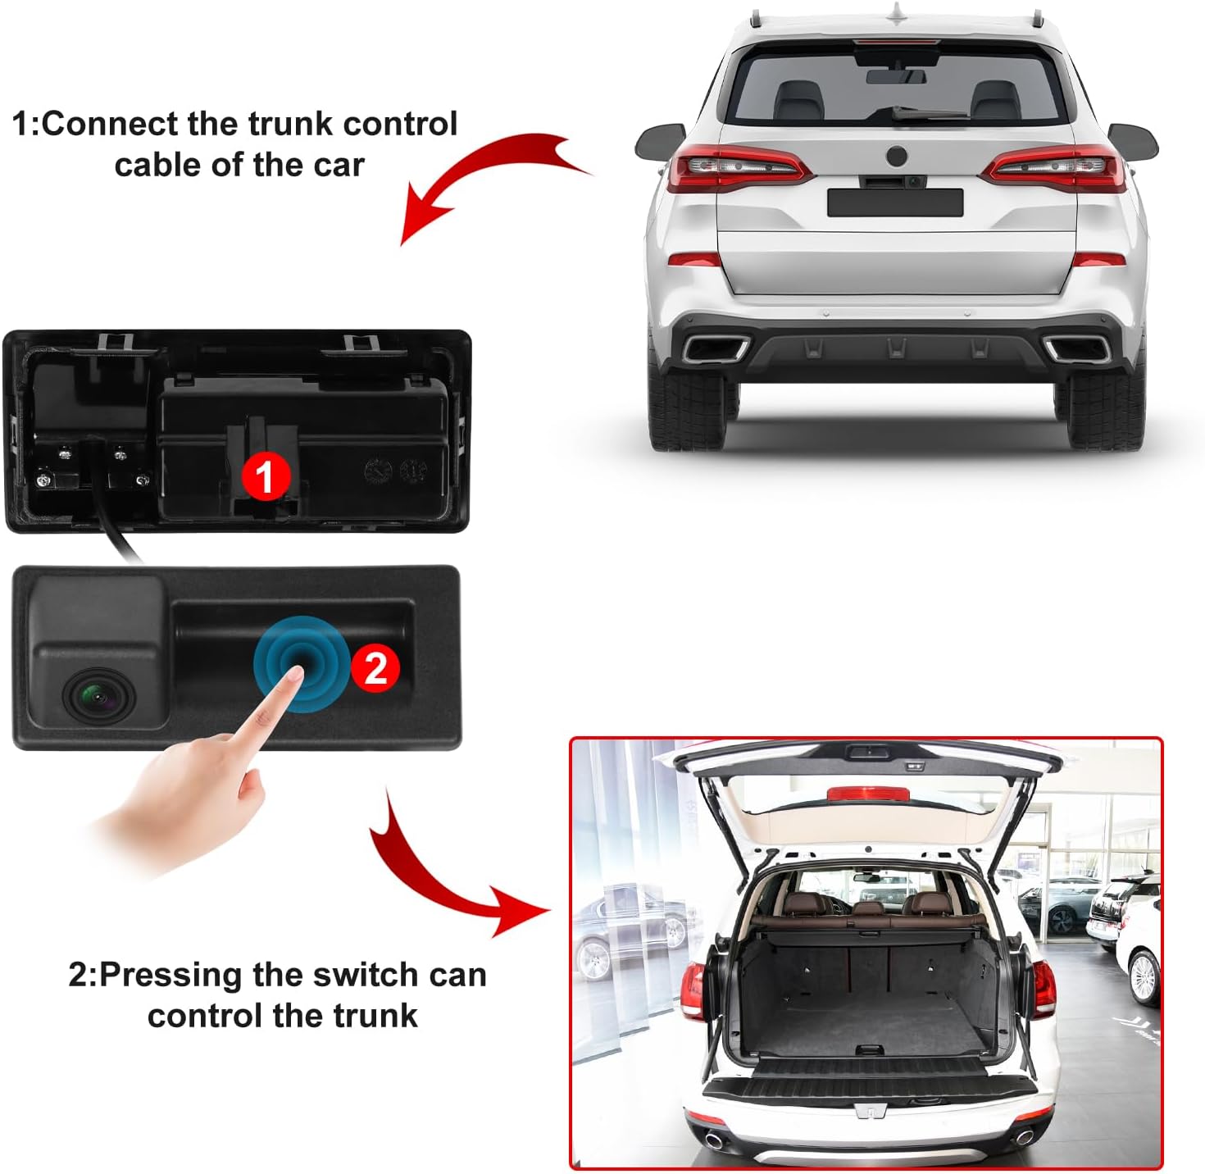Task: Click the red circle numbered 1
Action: click(264, 476)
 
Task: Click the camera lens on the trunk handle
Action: click(93, 696)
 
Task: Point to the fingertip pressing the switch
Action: click(294, 671)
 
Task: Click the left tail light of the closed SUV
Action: click(734, 167)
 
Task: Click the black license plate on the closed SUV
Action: click(894, 202)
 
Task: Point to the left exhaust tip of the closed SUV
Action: click(716, 349)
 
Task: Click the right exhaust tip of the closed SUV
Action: click(1077, 349)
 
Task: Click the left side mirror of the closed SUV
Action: click(661, 141)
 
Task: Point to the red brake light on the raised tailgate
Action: click(867, 794)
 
